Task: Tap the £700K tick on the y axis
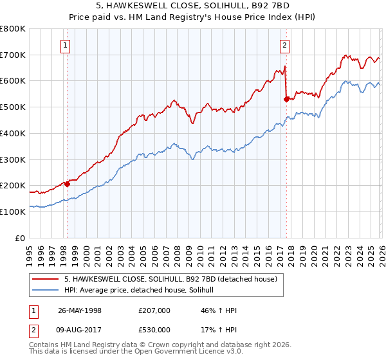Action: coord(12,55)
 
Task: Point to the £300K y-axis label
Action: coord(12,159)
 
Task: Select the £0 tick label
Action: coord(20,238)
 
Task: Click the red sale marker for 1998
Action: coord(67,184)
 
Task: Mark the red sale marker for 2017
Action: coord(286,99)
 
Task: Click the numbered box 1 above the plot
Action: coord(66,45)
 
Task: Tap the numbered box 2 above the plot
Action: coord(284,45)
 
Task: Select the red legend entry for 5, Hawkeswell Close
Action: coord(170,279)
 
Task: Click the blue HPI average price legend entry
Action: coord(142,291)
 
